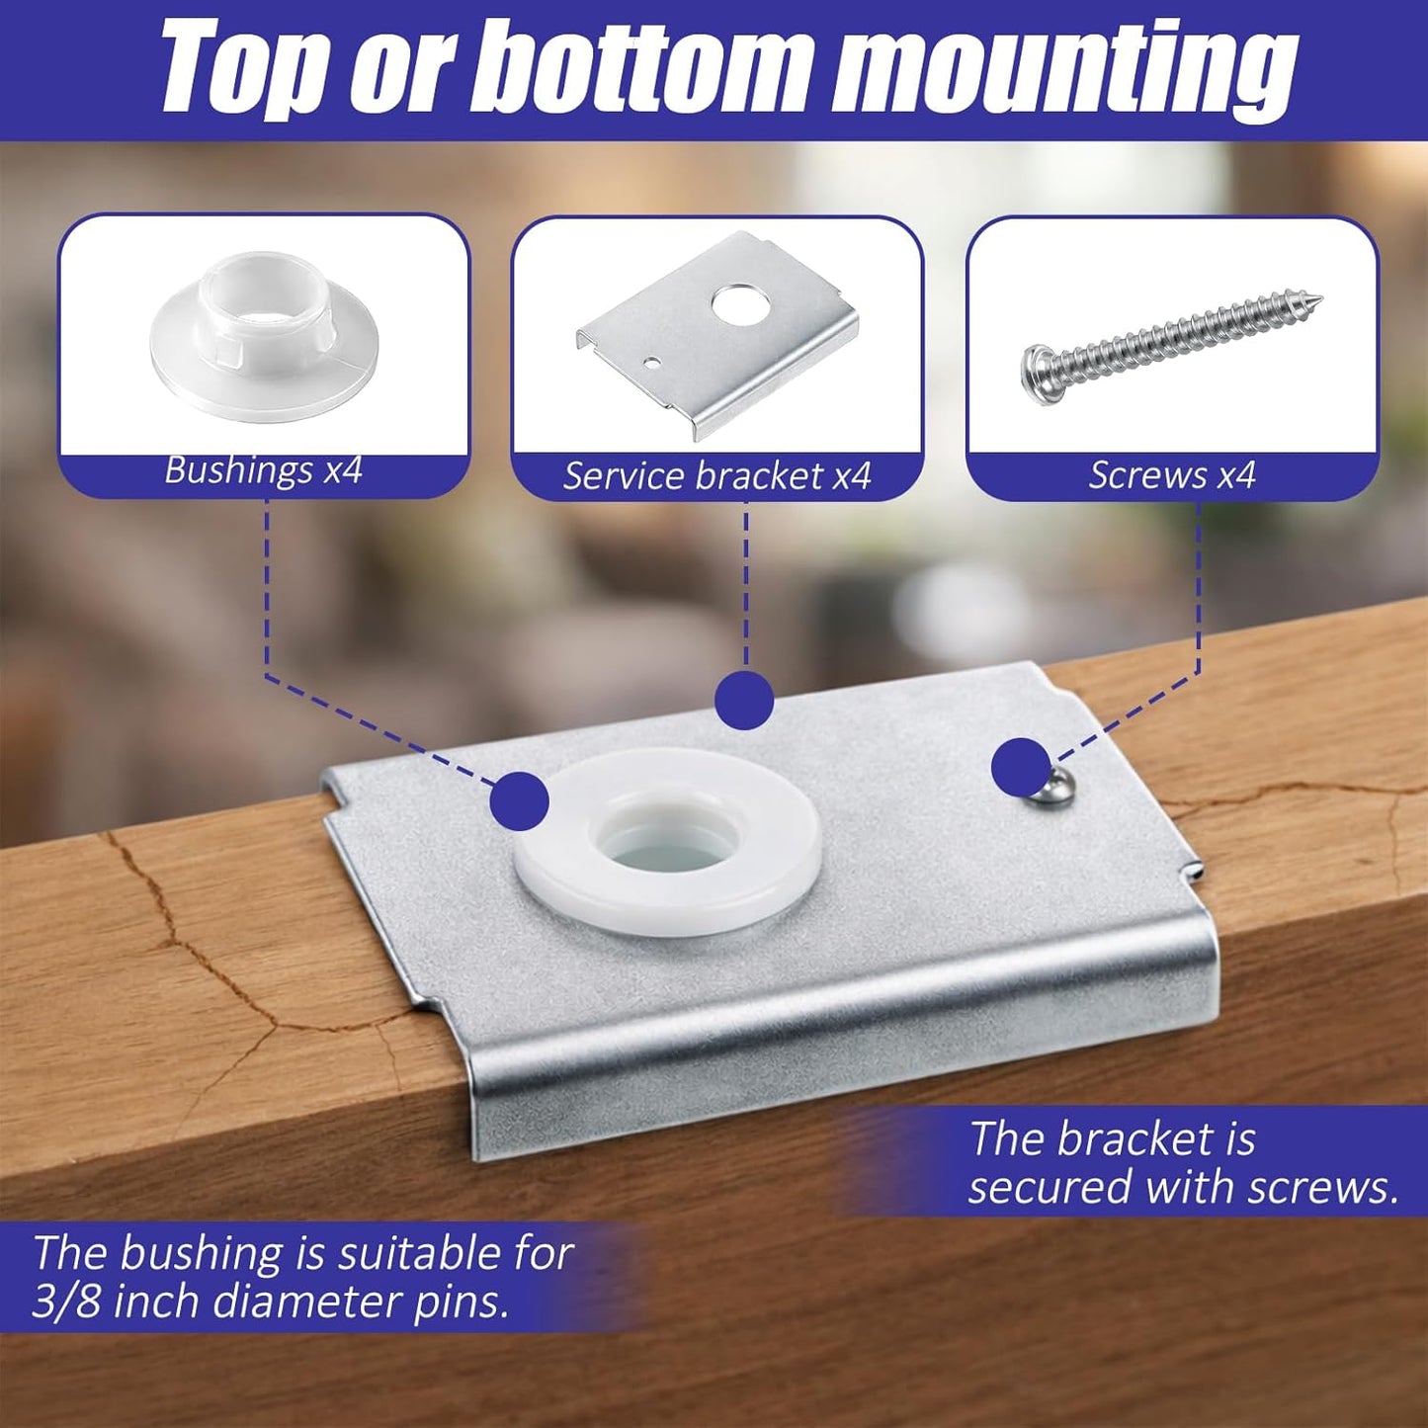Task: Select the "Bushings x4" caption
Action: pos(263,469)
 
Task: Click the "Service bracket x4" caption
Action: pos(716,475)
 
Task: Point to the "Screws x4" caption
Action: pos(1172,475)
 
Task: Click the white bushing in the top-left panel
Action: pos(264,338)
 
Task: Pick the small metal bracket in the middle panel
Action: pos(717,337)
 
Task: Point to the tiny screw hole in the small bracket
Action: pos(651,363)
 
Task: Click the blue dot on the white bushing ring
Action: pos(520,801)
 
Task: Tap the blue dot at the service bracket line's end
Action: pos(744,701)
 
